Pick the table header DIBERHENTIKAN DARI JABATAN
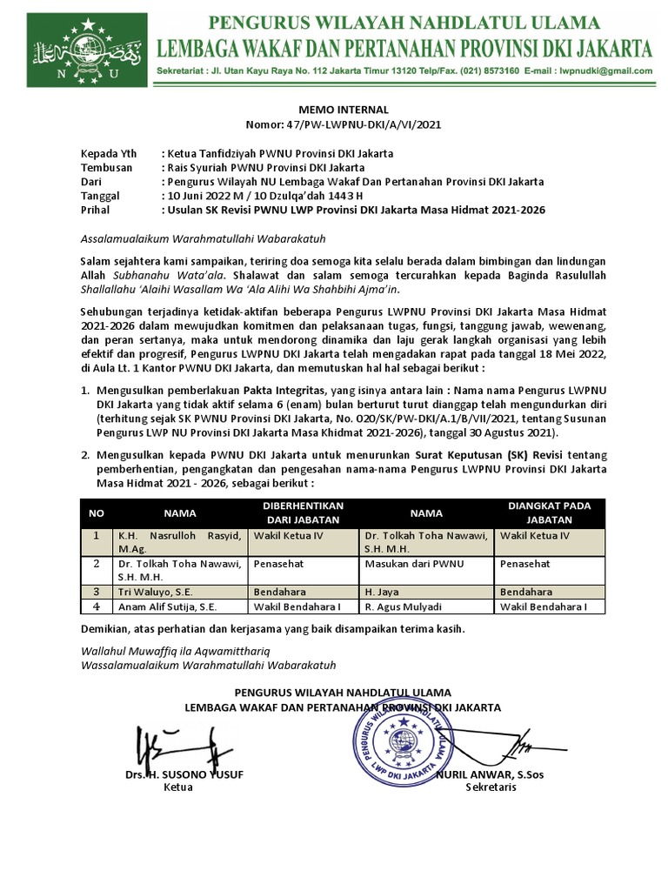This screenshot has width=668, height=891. (x=304, y=512)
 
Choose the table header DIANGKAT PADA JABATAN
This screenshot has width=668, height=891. (x=549, y=512)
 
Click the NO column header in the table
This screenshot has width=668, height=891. (x=97, y=513)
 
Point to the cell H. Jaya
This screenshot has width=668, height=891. (x=382, y=591)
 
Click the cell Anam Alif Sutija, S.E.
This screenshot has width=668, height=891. (x=167, y=606)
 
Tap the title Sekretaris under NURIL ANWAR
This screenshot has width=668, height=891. (x=491, y=787)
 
